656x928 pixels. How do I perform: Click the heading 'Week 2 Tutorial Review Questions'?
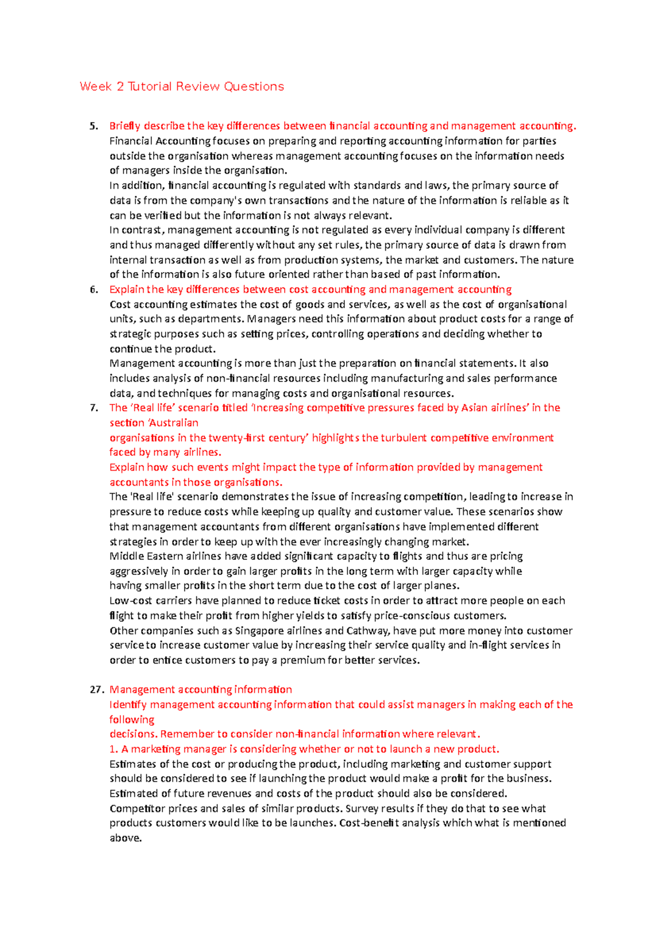click(x=181, y=86)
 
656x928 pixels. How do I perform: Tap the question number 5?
click(x=94, y=126)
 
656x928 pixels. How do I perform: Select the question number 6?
click(x=94, y=290)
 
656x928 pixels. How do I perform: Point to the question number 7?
click(x=94, y=408)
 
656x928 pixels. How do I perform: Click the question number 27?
click(x=96, y=690)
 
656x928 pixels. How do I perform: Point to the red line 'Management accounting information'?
click(x=201, y=690)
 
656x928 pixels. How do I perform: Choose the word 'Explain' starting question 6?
click(x=126, y=290)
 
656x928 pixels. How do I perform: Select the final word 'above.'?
click(x=125, y=838)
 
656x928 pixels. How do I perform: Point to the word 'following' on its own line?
click(x=132, y=720)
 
